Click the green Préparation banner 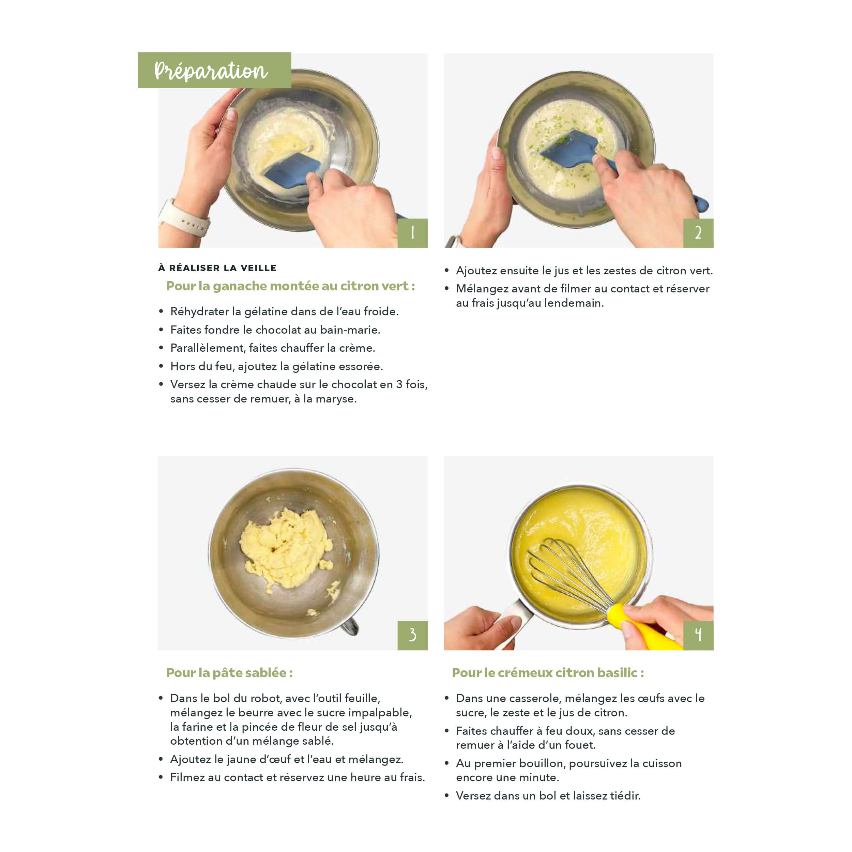(214, 70)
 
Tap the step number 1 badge (412, 233)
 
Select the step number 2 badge (698, 233)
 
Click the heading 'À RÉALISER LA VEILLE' (217, 268)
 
